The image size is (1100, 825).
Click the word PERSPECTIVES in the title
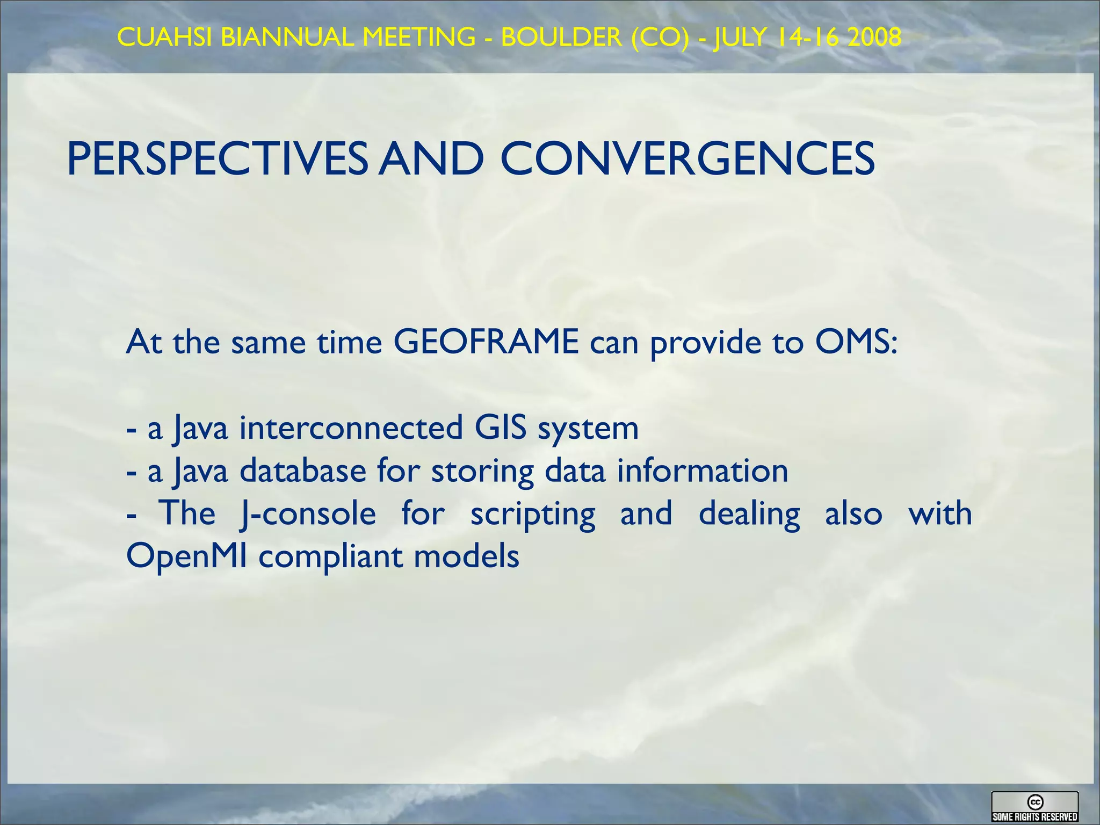click(217, 159)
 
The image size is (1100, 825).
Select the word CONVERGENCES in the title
click(687, 159)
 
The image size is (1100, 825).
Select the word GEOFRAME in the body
click(486, 342)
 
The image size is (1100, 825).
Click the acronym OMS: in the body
click(856, 342)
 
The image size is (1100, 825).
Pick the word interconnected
click(351, 428)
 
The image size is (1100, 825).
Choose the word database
click(302, 471)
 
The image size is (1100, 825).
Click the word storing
click(482, 472)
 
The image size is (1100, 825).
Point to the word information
click(702, 471)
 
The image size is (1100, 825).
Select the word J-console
click(308, 513)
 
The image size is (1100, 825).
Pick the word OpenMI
click(186, 556)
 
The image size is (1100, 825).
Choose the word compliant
click(330, 556)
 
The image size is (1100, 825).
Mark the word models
click(466, 556)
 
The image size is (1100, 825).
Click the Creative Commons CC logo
click(1035, 802)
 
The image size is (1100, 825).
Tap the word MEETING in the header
click(419, 37)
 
